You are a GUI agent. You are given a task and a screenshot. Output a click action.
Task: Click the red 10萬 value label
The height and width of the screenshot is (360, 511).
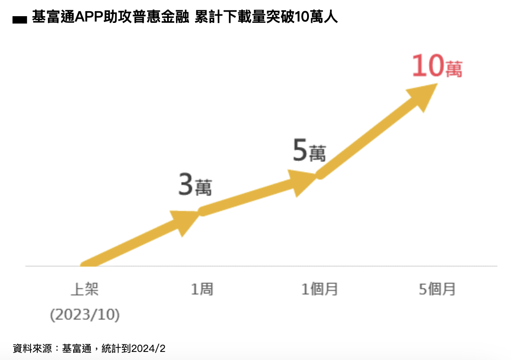437,67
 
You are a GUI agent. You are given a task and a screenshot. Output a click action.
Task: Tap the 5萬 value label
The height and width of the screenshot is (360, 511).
309,151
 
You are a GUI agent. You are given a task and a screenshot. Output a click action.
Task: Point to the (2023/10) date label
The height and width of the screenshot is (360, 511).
85,315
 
